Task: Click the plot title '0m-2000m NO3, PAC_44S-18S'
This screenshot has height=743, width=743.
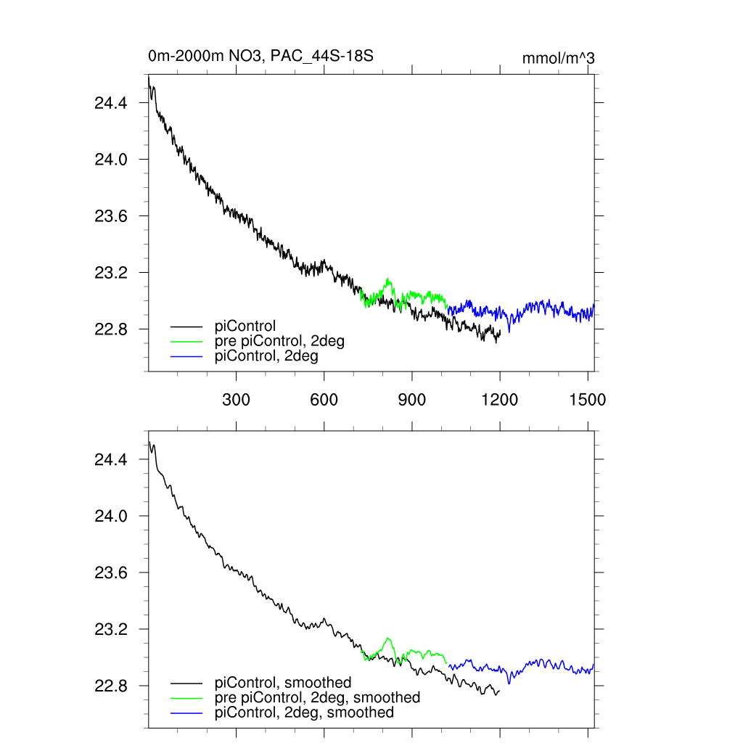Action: (x=260, y=56)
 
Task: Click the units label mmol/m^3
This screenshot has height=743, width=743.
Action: (x=558, y=59)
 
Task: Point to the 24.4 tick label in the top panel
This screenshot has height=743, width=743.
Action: (x=111, y=103)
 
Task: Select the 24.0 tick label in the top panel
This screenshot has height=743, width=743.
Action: (x=111, y=160)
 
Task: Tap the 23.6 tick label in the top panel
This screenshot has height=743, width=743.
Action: (x=111, y=216)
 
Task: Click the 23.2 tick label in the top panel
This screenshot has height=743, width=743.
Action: (x=111, y=273)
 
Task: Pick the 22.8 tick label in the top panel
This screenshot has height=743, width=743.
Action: (x=111, y=329)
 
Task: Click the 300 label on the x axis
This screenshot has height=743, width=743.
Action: (x=236, y=399)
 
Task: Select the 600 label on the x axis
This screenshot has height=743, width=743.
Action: (x=324, y=399)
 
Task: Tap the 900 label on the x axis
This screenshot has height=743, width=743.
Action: (x=412, y=399)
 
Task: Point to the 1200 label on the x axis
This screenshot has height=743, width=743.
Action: (x=500, y=399)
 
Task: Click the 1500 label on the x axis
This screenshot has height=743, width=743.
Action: (x=588, y=399)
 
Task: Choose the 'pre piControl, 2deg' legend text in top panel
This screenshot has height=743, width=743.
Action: (x=279, y=341)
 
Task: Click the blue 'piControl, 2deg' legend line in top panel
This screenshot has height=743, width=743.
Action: (x=186, y=356)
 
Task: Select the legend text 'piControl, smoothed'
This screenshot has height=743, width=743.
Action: (x=283, y=683)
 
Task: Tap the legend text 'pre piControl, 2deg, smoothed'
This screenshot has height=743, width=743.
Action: (x=317, y=697)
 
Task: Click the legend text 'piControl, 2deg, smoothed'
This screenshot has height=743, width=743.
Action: (x=304, y=713)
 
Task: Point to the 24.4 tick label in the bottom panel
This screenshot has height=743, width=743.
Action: (x=111, y=460)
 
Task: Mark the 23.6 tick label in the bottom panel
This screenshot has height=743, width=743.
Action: (x=111, y=573)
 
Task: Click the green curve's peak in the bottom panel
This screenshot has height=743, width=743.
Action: (x=389, y=639)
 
